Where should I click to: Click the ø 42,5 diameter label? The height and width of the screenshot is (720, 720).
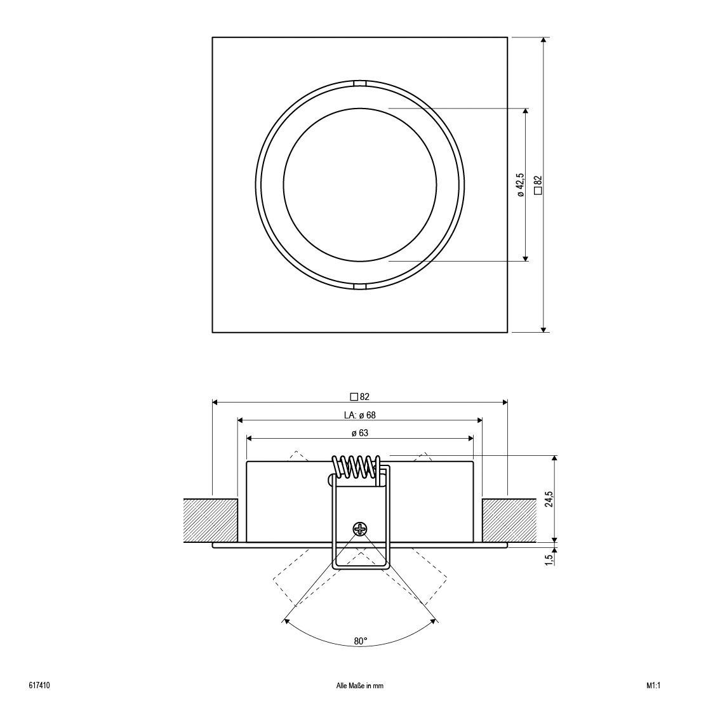coord(521,185)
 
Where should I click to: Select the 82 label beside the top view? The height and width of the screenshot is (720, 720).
coord(538,185)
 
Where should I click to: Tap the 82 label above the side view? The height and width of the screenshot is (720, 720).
coord(360,397)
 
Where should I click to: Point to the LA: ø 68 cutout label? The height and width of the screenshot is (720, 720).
coord(360,415)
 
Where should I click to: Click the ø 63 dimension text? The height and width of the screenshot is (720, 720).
coord(360,434)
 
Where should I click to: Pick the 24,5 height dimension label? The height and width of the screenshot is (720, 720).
coord(549,499)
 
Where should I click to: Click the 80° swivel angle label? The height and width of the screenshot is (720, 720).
coord(360,641)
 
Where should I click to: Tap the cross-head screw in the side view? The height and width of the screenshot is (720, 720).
coord(360,528)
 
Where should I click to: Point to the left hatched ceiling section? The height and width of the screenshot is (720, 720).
coord(210,521)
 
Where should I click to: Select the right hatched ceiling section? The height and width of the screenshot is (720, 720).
coord(509,521)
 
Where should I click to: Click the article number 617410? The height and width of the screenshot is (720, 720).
coord(40,686)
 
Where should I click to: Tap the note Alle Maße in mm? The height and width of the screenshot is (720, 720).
coord(360,686)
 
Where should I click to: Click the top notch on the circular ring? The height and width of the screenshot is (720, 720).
coord(360,83)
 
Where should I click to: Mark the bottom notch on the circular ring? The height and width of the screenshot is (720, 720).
coord(360,287)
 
